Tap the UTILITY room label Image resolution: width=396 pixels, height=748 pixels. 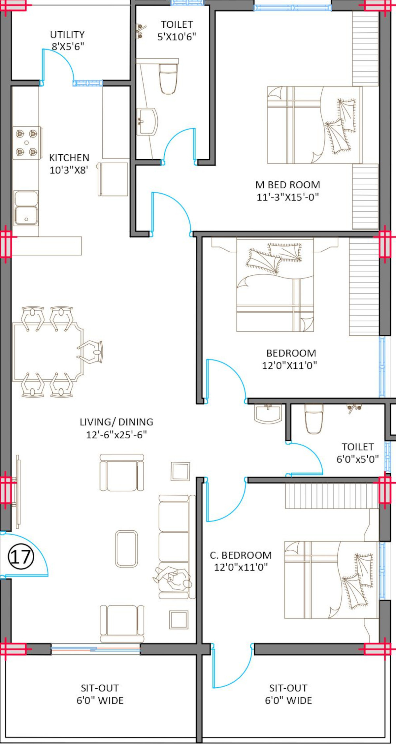click(x=67, y=35)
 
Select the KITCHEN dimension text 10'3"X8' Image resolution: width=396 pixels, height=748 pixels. click(x=69, y=170)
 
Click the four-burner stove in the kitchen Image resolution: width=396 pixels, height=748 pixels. click(x=27, y=143)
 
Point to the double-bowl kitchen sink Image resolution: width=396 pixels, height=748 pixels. click(x=26, y=208)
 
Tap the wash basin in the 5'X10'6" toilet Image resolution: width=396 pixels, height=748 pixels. click(x=147, y=121)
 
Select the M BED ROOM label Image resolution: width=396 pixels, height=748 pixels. click(x=288, y=185)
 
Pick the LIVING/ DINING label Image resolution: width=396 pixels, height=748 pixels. click(x=116, y=422)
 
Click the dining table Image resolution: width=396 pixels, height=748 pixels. click(x=48, y=352)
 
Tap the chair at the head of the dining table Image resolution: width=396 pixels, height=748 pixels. click(x=90, y=352)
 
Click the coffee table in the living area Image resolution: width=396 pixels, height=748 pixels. click(x=126, y=549)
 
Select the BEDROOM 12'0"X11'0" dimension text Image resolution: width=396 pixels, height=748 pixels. click(x=290, y=365)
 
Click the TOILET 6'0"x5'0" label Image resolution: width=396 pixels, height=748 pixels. click(x=358, y=453)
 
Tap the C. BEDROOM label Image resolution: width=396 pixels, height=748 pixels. click(x=241, y=555)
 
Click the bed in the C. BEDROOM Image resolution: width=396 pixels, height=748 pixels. click(x=331, y=579)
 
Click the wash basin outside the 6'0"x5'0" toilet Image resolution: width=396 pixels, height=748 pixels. click(x=268, y=414)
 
